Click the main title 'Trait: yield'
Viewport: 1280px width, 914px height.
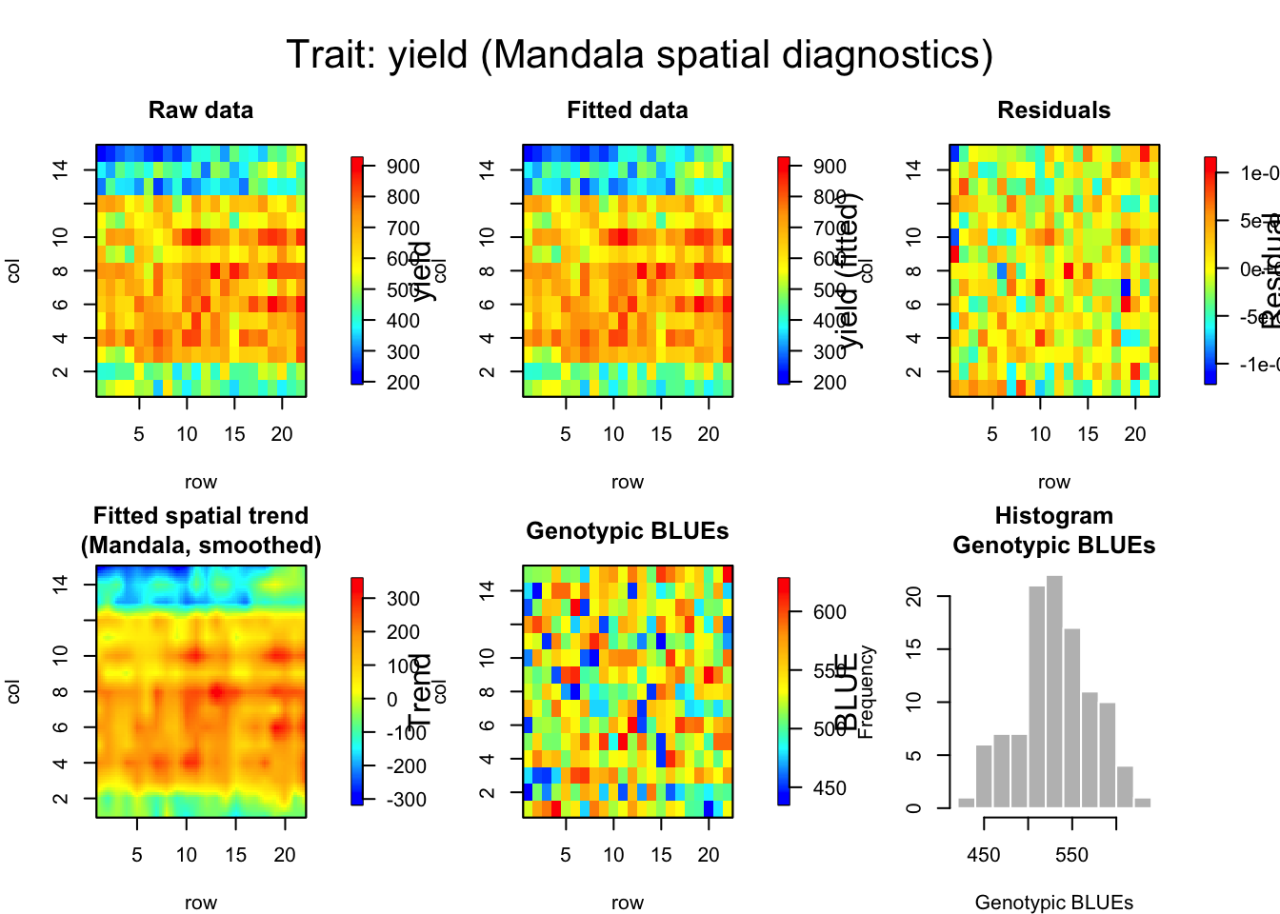click(x=639, y=55)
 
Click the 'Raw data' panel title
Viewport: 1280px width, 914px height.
click(x=201, y=110)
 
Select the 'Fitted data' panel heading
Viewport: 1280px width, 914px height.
click(x=628, y=110)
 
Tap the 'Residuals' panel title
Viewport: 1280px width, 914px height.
click(x=1053, y=110)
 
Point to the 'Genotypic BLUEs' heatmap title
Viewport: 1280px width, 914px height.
click(x=628, y=531)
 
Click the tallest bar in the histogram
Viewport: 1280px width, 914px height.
click(x=1054, y=692)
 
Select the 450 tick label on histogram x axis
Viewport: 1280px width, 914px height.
click(x=984, y=855)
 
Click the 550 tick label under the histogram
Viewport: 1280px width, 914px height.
click(x=1071, y=855)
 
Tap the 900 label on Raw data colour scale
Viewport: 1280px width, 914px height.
click(x=404, y=167)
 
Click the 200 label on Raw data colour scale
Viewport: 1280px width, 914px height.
click(x=404, y=383)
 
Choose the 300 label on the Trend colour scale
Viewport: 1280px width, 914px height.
click(x=404, y=599)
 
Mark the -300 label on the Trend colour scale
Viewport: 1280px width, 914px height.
click(x=406, y=800)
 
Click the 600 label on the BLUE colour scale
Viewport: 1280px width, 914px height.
click(x=830, y=612)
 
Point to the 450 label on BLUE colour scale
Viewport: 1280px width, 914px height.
click(x=830, y=788)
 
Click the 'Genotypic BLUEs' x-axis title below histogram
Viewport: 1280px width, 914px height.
click(x=1053, y=903)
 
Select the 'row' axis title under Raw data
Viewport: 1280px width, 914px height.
click(x=201, y=482)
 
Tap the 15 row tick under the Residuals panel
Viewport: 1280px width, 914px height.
click(x=1088, y=434)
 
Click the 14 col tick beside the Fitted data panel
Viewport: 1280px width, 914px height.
click(x=488, y=169)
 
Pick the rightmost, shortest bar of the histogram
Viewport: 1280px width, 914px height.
click(x=1142, y=803)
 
